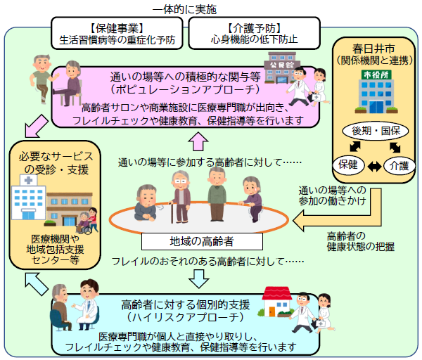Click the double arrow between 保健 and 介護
coord(372,166)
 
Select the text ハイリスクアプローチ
coord(186,318)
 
